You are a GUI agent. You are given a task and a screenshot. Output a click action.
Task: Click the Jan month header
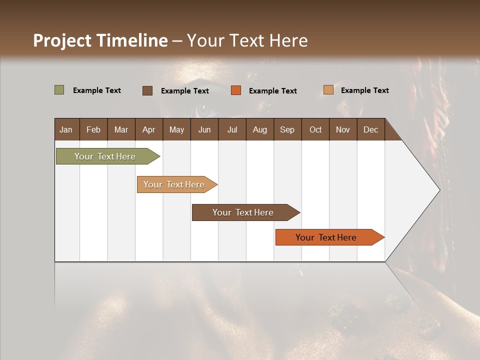66,129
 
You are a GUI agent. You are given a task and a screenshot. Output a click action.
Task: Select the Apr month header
149,129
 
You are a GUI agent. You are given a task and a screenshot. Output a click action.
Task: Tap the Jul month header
232,129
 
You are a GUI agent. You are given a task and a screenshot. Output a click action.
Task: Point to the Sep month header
287,129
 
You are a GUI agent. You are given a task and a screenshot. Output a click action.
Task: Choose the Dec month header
370,129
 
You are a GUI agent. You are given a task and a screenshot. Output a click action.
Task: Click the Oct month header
315,129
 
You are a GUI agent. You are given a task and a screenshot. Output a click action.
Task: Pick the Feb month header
93,129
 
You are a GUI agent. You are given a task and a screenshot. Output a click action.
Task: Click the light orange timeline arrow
175,184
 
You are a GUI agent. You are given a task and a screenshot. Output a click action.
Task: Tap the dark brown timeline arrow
244,212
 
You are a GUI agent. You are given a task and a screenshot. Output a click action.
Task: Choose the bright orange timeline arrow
327,237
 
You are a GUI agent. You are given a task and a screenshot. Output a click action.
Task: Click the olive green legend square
59,90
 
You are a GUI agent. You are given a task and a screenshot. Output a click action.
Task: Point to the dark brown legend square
147,90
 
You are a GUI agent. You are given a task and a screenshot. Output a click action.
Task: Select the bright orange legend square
235,90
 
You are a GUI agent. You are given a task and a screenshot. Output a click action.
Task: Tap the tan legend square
328,90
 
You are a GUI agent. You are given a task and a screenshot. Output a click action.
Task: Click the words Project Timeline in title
100,40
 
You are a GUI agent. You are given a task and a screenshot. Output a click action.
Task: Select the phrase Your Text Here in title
247,40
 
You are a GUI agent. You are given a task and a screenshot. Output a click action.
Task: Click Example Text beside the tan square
364,90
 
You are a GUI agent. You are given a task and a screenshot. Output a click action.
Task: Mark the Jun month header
204,129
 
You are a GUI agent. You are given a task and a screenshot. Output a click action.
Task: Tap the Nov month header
342,129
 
